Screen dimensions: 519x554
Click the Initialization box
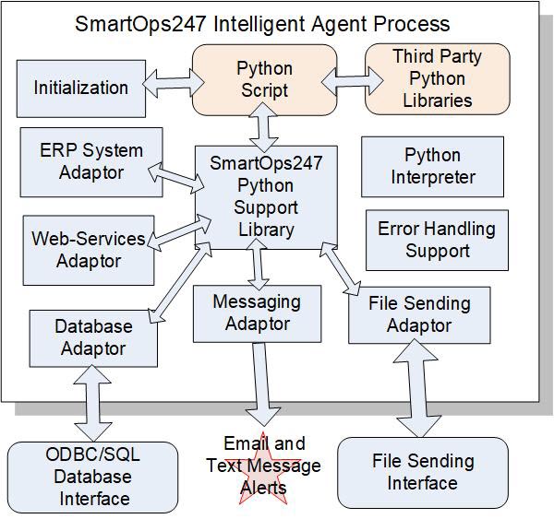point(80,88)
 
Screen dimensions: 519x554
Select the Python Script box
point(264,79)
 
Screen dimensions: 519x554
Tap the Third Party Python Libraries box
point(437,79)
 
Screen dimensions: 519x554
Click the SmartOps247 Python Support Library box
point(266,196)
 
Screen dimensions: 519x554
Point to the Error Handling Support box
point(437,240)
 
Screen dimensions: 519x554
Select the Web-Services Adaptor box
point(88,249)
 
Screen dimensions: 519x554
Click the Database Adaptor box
point(93,337)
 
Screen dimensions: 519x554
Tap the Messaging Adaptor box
point(257,313)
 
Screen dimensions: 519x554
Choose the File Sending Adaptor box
point(418,314)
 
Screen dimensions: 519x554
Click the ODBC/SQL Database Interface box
point(92,477)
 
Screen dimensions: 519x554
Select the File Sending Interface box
point(423,472)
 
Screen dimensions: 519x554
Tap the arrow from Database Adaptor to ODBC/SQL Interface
point(92,402)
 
